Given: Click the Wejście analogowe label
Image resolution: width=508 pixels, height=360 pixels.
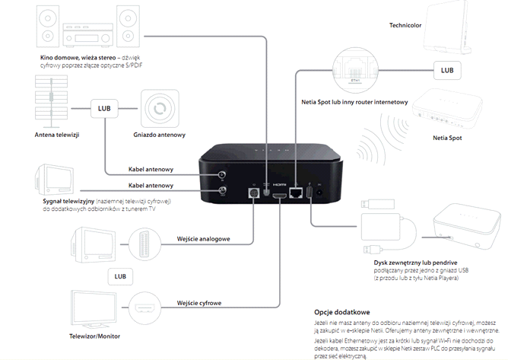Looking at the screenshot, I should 203,239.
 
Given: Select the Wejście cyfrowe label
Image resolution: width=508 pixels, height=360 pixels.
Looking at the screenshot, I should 199,303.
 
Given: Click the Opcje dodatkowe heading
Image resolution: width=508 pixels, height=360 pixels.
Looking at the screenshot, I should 342,311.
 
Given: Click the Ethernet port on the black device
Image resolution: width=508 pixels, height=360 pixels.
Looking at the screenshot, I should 297,193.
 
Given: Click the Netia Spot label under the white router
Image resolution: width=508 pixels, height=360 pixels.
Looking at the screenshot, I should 449,139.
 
